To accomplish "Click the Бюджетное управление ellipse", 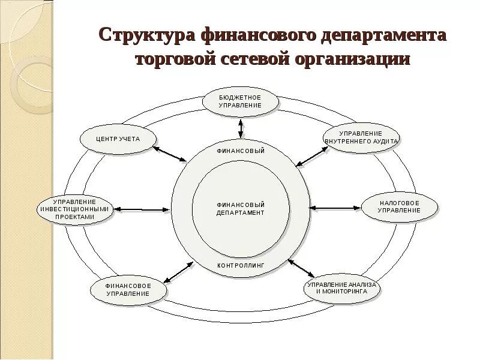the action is pyautogui.click(x=241, y=101).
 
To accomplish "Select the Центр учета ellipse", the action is pyautogui.click(x=118, y=139).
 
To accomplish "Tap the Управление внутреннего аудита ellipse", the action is pyautogui.click(x=361, y=137).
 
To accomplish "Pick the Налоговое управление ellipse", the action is pyautogui.click(x=400, y=207).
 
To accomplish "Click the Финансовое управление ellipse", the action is pyautogui.click(x=128, y=290).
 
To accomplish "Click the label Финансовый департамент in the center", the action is pyautogui.click(x=241, y=209).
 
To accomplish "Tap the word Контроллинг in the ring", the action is pyautogui.click(x=241, y=265).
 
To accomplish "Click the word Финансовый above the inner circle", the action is pyautogui.click(x=241, y=151).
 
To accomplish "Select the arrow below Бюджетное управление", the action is pyautogui.click(x=241, y=128).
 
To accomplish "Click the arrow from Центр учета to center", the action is pyautogui.click(x=171, y=154).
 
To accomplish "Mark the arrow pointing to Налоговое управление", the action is pyautogui.click(x=335, y=208).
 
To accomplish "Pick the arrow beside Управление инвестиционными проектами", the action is pyautogui.click(x=142, y=209).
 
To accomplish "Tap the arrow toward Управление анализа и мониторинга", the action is pyautogui.click(x=301, y=268).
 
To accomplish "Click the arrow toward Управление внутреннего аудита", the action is pyautogui.click(x=310, y=155).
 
